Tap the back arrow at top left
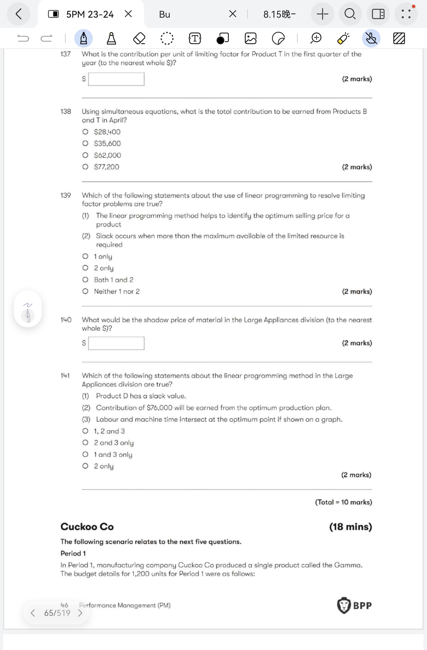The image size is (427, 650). coord(19,14)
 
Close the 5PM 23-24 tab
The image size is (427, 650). coord(128,14)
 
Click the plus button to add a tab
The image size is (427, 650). coord(322,14)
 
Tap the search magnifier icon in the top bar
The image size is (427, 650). coord(350,14)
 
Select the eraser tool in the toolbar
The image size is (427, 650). coord(139,38)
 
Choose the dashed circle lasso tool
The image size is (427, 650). coord(167,38)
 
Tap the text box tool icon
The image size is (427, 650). coord(195,38)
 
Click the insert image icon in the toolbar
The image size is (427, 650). coord(250,38)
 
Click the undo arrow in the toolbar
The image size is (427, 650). coord(23,38)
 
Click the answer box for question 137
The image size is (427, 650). coord(116,79)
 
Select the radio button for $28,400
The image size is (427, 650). coord(85,132)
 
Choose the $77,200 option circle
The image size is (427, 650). coord(85,167)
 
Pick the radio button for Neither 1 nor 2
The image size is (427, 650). coord(85,291)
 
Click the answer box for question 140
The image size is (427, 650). coord(116,343)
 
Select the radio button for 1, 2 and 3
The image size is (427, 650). coord(85,431)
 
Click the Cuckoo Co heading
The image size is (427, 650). coord(87,526)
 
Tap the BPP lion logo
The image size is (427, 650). coord(344,605)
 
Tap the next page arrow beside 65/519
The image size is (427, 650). coord(80,613)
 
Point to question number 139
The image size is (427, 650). coord(65,195)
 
